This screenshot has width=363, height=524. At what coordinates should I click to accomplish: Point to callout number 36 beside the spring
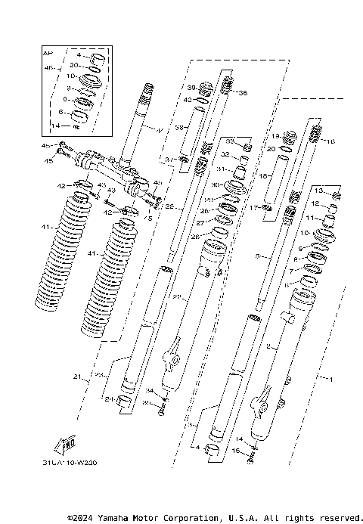pos(242,93)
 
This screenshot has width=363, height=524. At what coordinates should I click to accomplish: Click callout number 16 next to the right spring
pos(329,141)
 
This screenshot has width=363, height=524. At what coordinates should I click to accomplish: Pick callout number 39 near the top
pos(191,86)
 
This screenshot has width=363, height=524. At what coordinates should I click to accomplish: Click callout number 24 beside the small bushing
pos(109,398)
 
